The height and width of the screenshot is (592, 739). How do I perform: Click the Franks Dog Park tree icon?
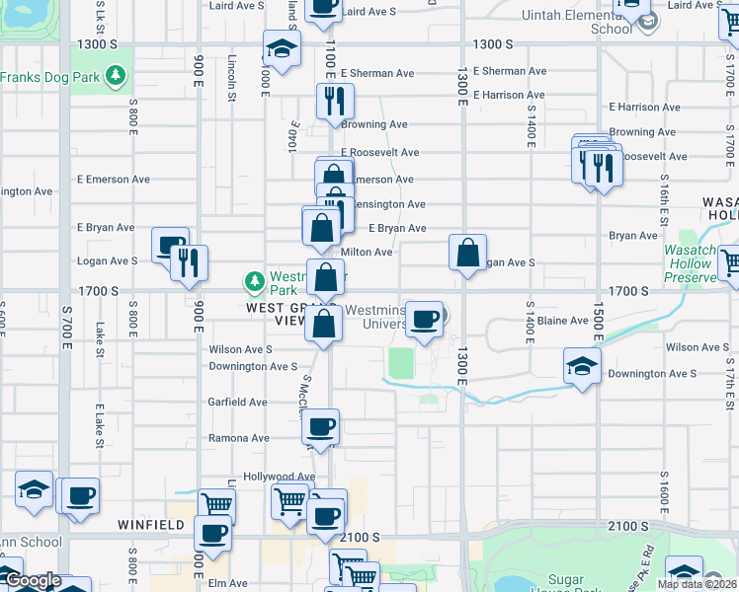coord(117,76)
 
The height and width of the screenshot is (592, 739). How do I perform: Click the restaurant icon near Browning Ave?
coord(334,101)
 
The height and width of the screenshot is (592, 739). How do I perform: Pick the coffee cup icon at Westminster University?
coord(425,318)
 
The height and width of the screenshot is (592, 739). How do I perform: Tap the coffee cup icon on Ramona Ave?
coord(320,427)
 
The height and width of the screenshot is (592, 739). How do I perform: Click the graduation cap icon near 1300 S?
coord(282,48)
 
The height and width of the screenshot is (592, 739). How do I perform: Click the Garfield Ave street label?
coord(237,403)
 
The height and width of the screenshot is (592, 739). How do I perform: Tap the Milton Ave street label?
coord(367,253)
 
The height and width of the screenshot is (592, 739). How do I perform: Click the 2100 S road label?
coord(359,538)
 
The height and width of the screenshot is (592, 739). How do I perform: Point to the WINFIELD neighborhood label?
coord(150,525)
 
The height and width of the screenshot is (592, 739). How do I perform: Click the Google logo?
coord(32,580)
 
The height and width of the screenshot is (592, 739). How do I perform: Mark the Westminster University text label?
coord(374,317)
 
